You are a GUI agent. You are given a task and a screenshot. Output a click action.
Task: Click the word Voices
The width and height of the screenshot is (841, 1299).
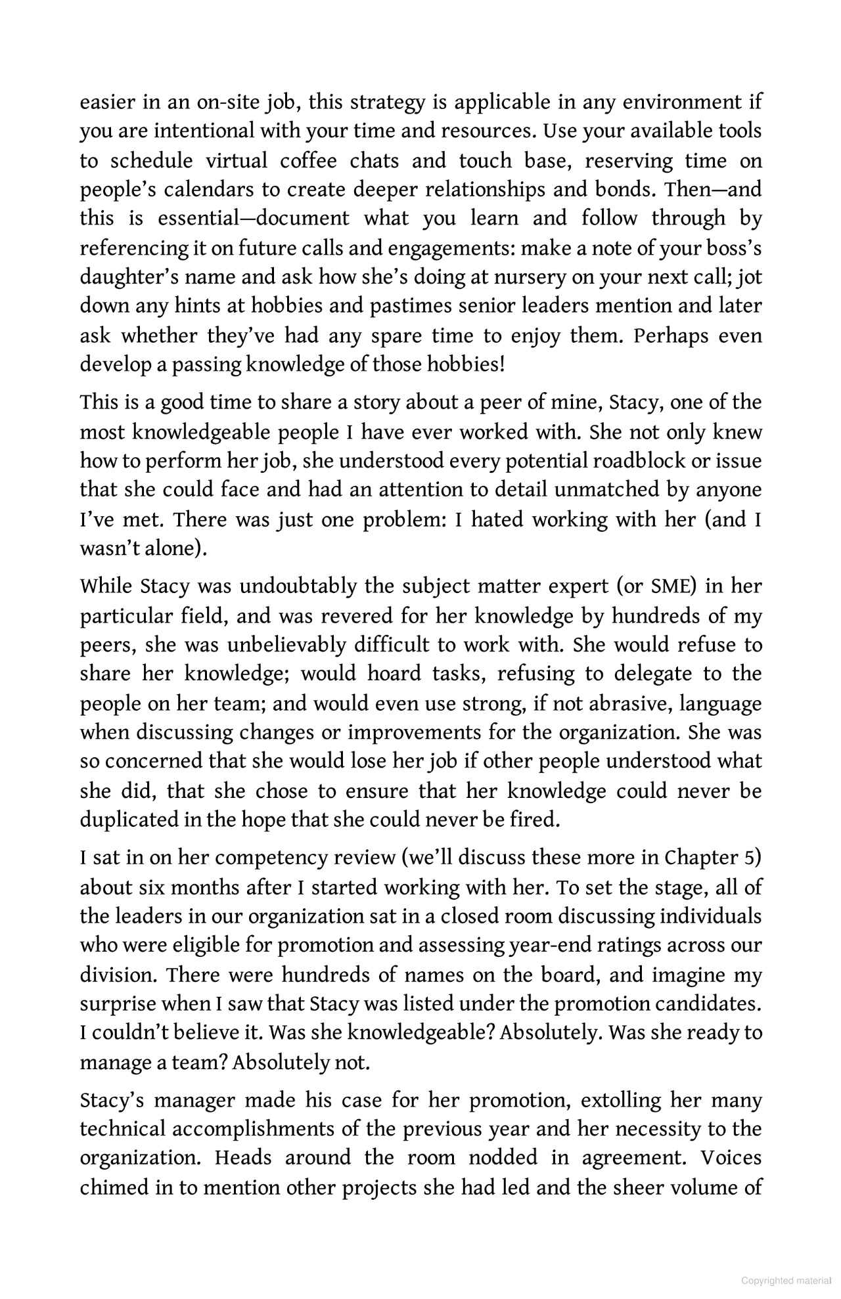pos(731,1158)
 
